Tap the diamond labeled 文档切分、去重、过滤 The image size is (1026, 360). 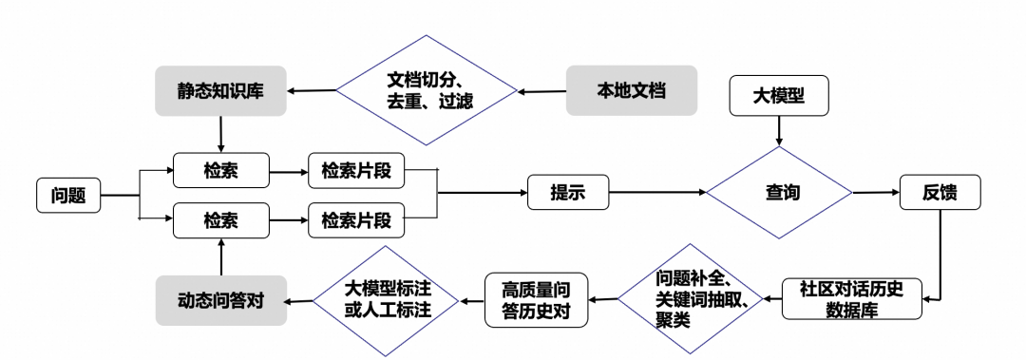point(427,92)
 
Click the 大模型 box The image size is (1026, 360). point(779,96)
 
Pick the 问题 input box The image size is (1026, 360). point(68,196)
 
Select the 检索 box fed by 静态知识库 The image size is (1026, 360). point(220,171)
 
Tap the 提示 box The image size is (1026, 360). point(567,193)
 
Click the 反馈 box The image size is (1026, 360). point(940,193)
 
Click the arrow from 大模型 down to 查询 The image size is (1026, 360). point(780,129)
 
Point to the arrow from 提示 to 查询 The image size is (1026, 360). point(655,193)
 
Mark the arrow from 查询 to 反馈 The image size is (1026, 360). point(874,193)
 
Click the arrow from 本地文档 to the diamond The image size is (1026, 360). point(542,92)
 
